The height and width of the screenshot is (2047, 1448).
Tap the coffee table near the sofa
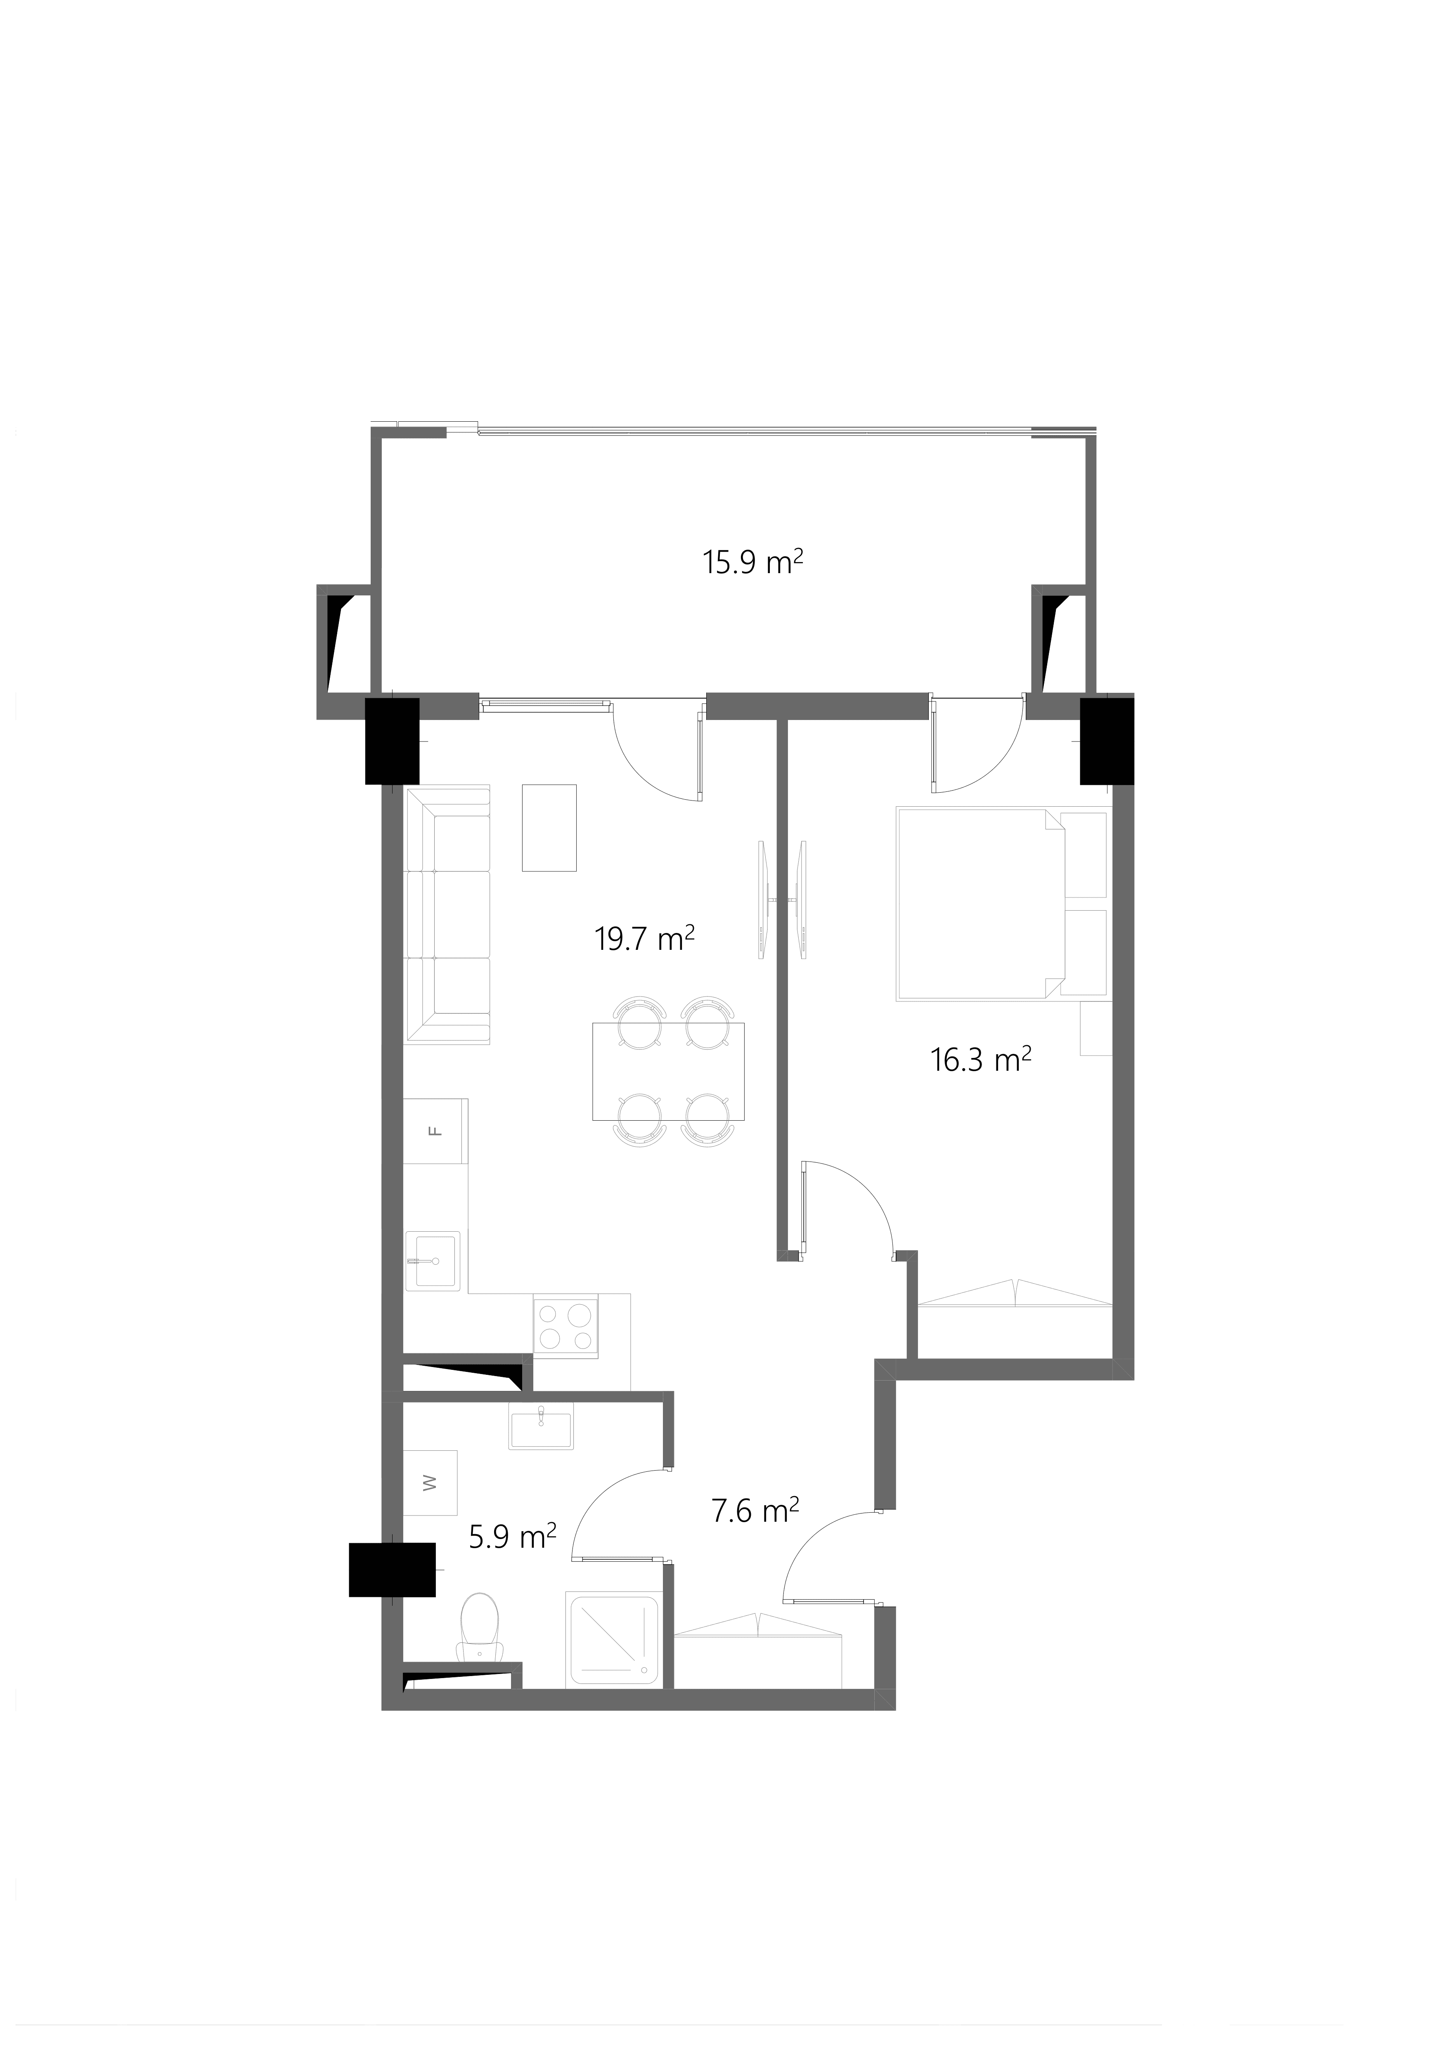(x=549, y=827)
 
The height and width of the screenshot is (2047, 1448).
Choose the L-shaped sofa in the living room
(x=447, y=915)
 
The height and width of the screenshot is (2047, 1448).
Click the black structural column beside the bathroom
(x=392, y=1569)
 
